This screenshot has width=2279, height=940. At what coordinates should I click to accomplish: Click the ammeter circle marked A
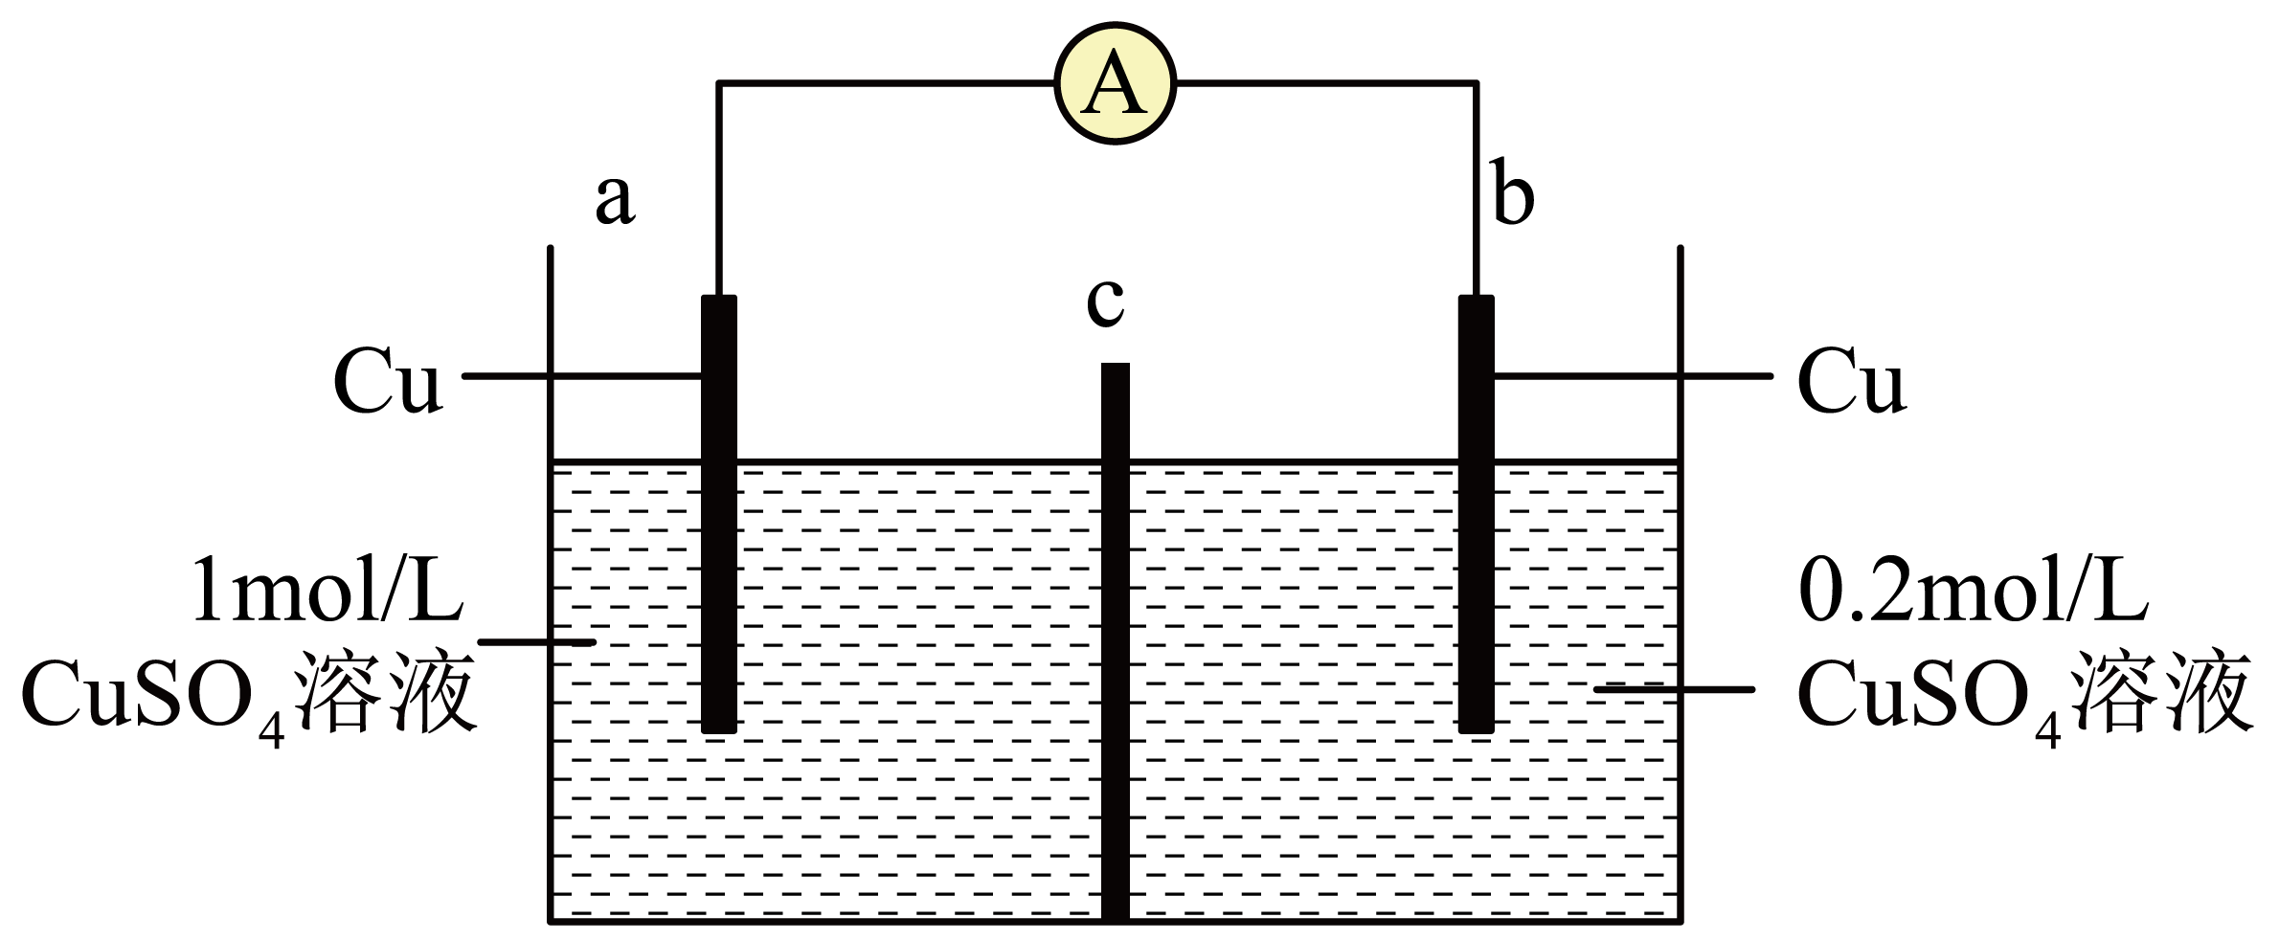(x=1115, y=84)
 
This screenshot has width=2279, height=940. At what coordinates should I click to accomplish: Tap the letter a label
(x=614, y=201)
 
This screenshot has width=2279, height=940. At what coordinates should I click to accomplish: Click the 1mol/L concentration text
(x=327, y=592)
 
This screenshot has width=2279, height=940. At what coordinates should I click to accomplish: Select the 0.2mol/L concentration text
(x=1973, y=592)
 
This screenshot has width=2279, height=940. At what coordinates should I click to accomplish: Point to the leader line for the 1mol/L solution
(x=536, y=641)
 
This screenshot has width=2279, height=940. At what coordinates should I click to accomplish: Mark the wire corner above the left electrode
(x=719, y=84)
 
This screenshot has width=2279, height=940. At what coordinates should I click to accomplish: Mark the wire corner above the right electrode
(x=1476, y=84)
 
